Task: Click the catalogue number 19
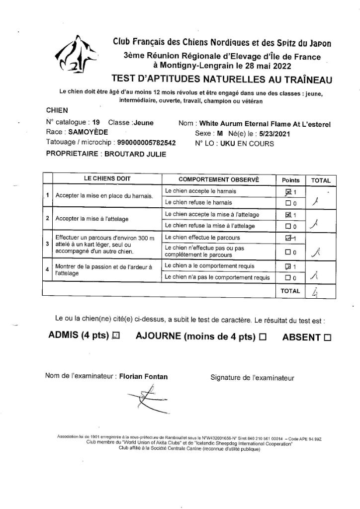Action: pyautogui.click(x=96, y=123)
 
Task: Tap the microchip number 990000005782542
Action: pyautogui.click(x=135, y=142)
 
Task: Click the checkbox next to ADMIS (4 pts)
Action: pyautogui.click(x=116, y=336)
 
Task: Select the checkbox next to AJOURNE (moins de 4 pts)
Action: pyautogui.click(x=263, y=337)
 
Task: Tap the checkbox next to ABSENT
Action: pyautogui.click(x=327, y=338)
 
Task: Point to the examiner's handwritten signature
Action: pyautogui.click(x=144, y=400)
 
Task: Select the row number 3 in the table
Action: pyautogui.click(x=47, y=244)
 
